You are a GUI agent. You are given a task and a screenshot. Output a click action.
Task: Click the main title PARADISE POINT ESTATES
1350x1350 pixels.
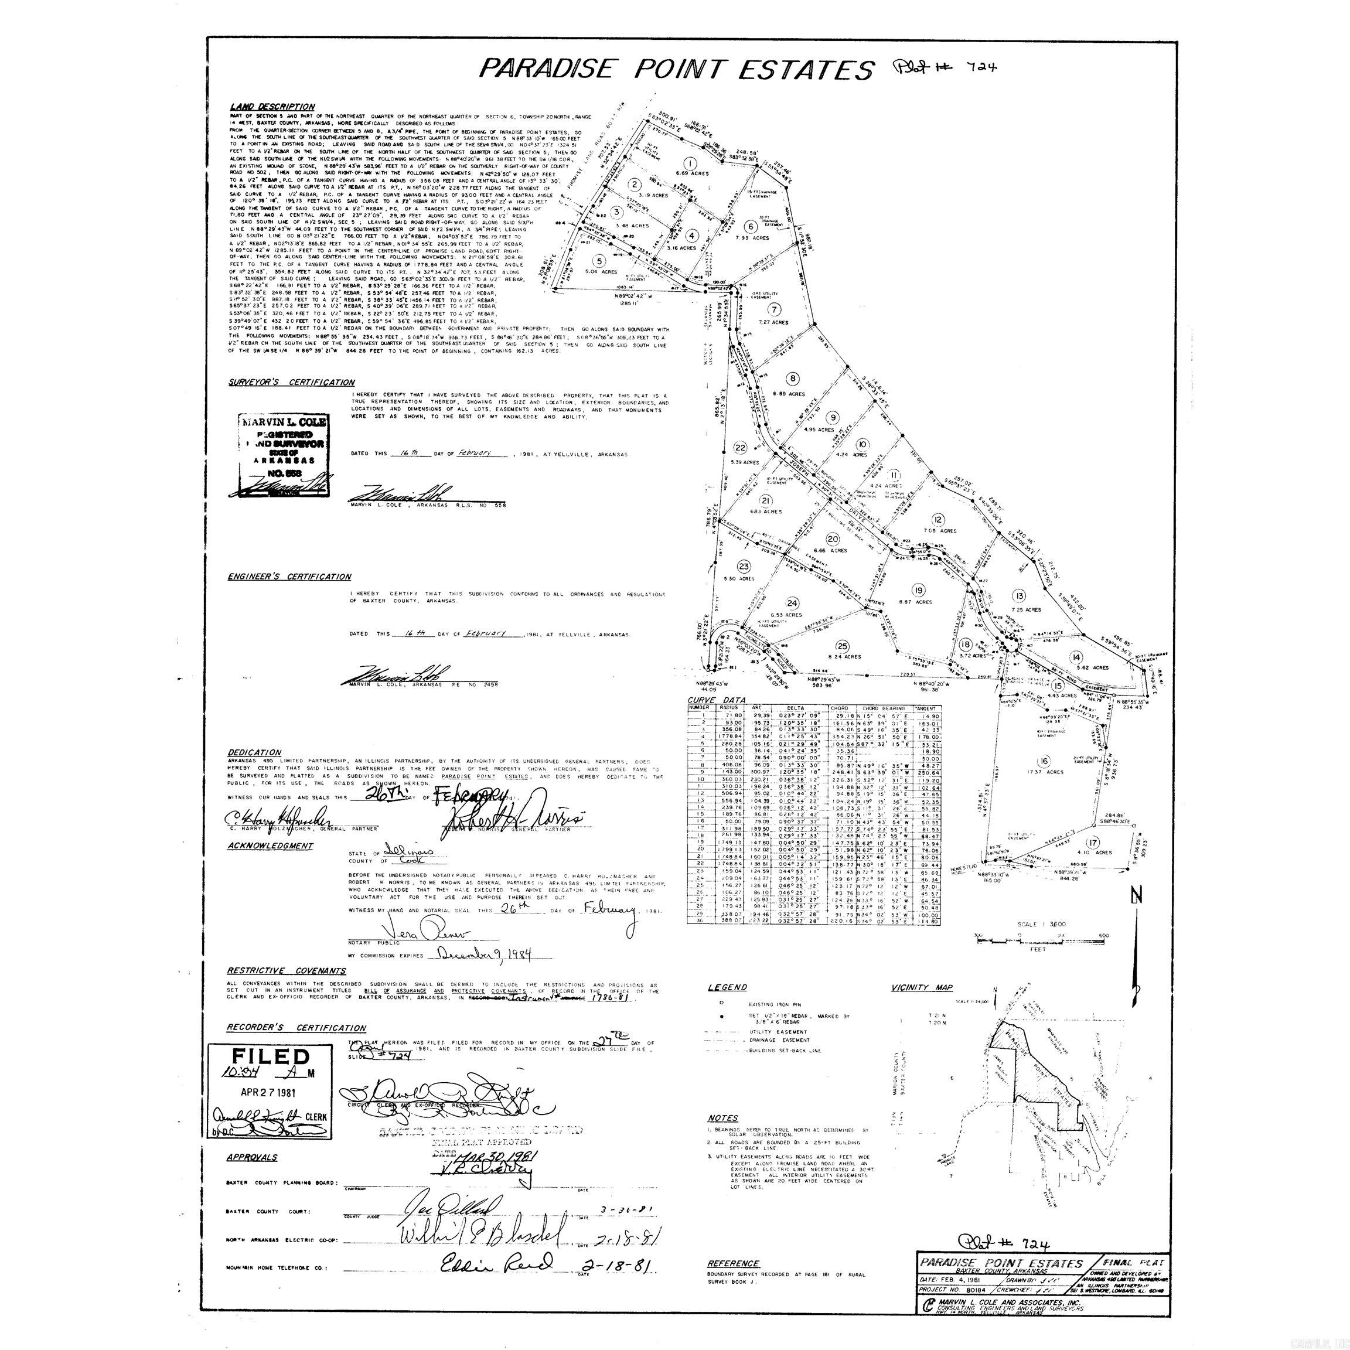[x=676, y=69]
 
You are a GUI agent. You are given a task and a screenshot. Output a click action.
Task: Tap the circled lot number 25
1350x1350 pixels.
[x=843, y=645]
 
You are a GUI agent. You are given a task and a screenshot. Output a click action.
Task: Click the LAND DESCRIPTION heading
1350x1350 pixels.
[x=272, y=107]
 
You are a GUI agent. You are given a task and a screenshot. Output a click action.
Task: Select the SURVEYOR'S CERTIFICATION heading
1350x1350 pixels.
[x=291, y=382]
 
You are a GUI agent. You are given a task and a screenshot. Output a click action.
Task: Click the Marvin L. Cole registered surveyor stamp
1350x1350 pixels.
[x=282, y=454]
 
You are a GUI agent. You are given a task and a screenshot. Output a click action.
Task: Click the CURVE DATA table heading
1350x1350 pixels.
[x=707, y=700]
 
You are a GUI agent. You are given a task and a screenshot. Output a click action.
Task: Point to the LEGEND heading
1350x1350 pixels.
[x=727, y=987]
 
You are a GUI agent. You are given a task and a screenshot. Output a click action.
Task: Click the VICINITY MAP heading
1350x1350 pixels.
[x=922, y=987]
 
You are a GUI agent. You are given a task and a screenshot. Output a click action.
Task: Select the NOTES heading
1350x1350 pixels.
[x=722, y=1118]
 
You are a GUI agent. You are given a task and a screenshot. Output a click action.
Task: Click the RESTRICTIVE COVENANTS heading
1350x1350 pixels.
[x=286, y=970]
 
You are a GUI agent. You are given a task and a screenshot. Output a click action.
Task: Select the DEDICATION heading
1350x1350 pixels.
[x=254, y=752]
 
